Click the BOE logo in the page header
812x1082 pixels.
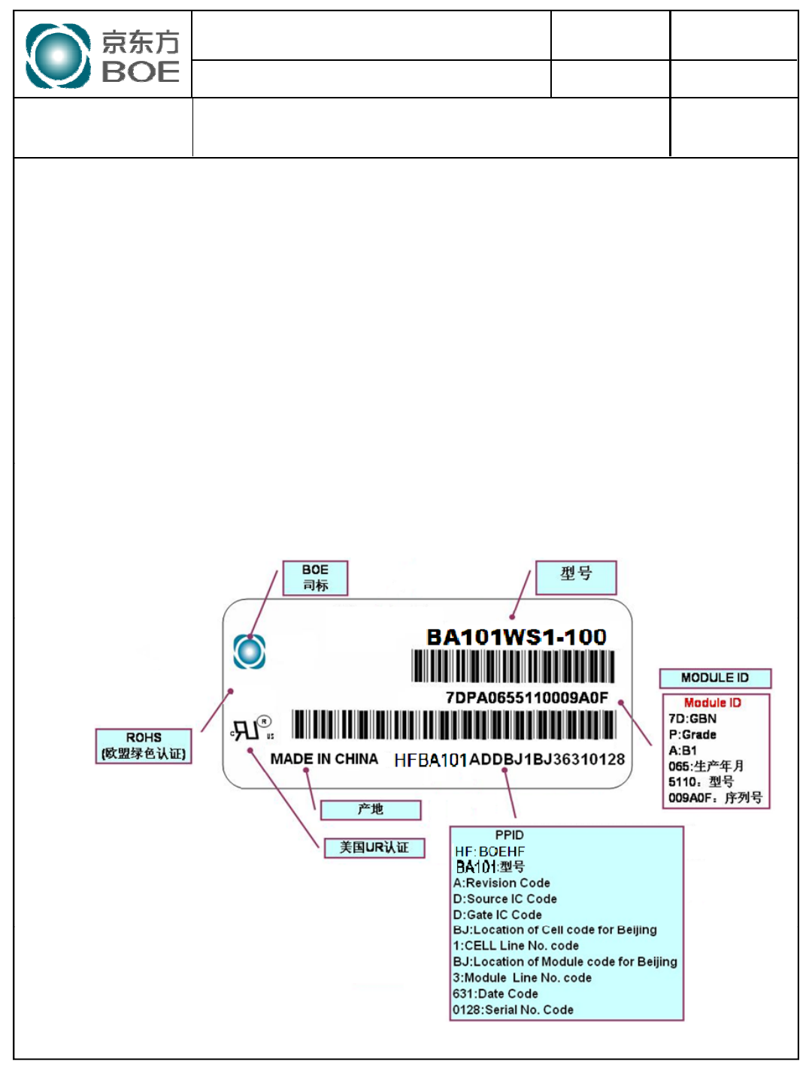(102, 56)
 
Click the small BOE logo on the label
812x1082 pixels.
(249, 651)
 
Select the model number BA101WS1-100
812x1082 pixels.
(516, 637)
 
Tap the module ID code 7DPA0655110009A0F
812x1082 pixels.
(526, 698)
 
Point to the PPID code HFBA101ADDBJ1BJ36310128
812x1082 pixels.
(509, 760)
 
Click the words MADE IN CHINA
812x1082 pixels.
(324, 759)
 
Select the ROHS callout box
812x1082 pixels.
(144, 745)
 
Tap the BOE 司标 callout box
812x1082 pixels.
(315, 578)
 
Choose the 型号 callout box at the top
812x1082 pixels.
(576, 577)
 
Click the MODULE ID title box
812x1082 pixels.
(715, 678)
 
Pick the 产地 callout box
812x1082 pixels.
(371, 809)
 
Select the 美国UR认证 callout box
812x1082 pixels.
(374, 848)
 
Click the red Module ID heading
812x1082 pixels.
(712, 703)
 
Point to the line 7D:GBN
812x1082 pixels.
(692, 718)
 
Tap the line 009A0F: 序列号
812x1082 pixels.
(715, 797)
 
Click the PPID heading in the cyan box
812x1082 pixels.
(509, 835)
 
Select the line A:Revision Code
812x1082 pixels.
(501, 883)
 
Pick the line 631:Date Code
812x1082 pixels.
(495, 993)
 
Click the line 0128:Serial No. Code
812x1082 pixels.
(513, 1010)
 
